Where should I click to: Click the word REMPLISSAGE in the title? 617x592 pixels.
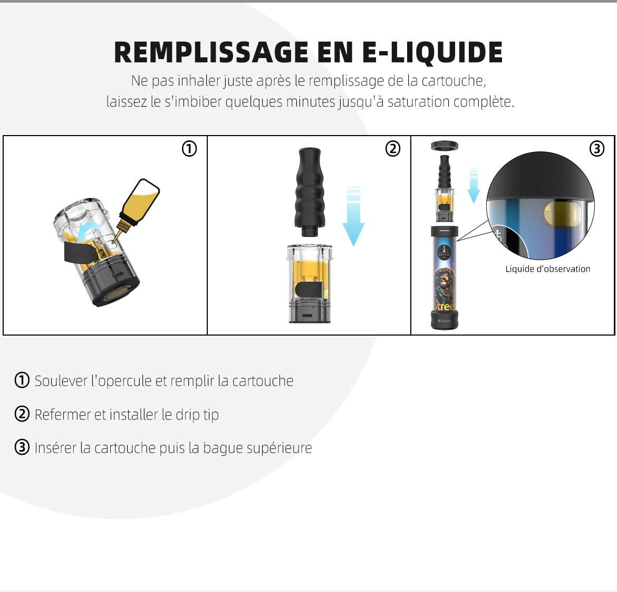pos(211,52)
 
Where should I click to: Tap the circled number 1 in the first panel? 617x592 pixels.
pos(189,149)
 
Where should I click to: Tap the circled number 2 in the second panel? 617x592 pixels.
pos(393,149)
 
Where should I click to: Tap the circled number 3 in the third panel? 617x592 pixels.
pos(597,149)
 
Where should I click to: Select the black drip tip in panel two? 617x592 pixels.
pos(310,192)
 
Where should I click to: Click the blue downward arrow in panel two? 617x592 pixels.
pos(353,216)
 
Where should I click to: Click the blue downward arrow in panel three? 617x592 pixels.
pos(474,186)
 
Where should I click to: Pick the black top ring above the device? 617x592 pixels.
pos(445,146)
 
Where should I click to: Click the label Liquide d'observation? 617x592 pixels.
pos(548,269)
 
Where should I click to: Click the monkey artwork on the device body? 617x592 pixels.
pos(445,283)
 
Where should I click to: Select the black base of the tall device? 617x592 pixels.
pos(445,320)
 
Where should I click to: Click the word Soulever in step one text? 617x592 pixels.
pos(61,381)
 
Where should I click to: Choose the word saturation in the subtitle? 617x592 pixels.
pos(418,101)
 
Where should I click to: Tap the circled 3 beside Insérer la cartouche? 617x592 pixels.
pos(22,447)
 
